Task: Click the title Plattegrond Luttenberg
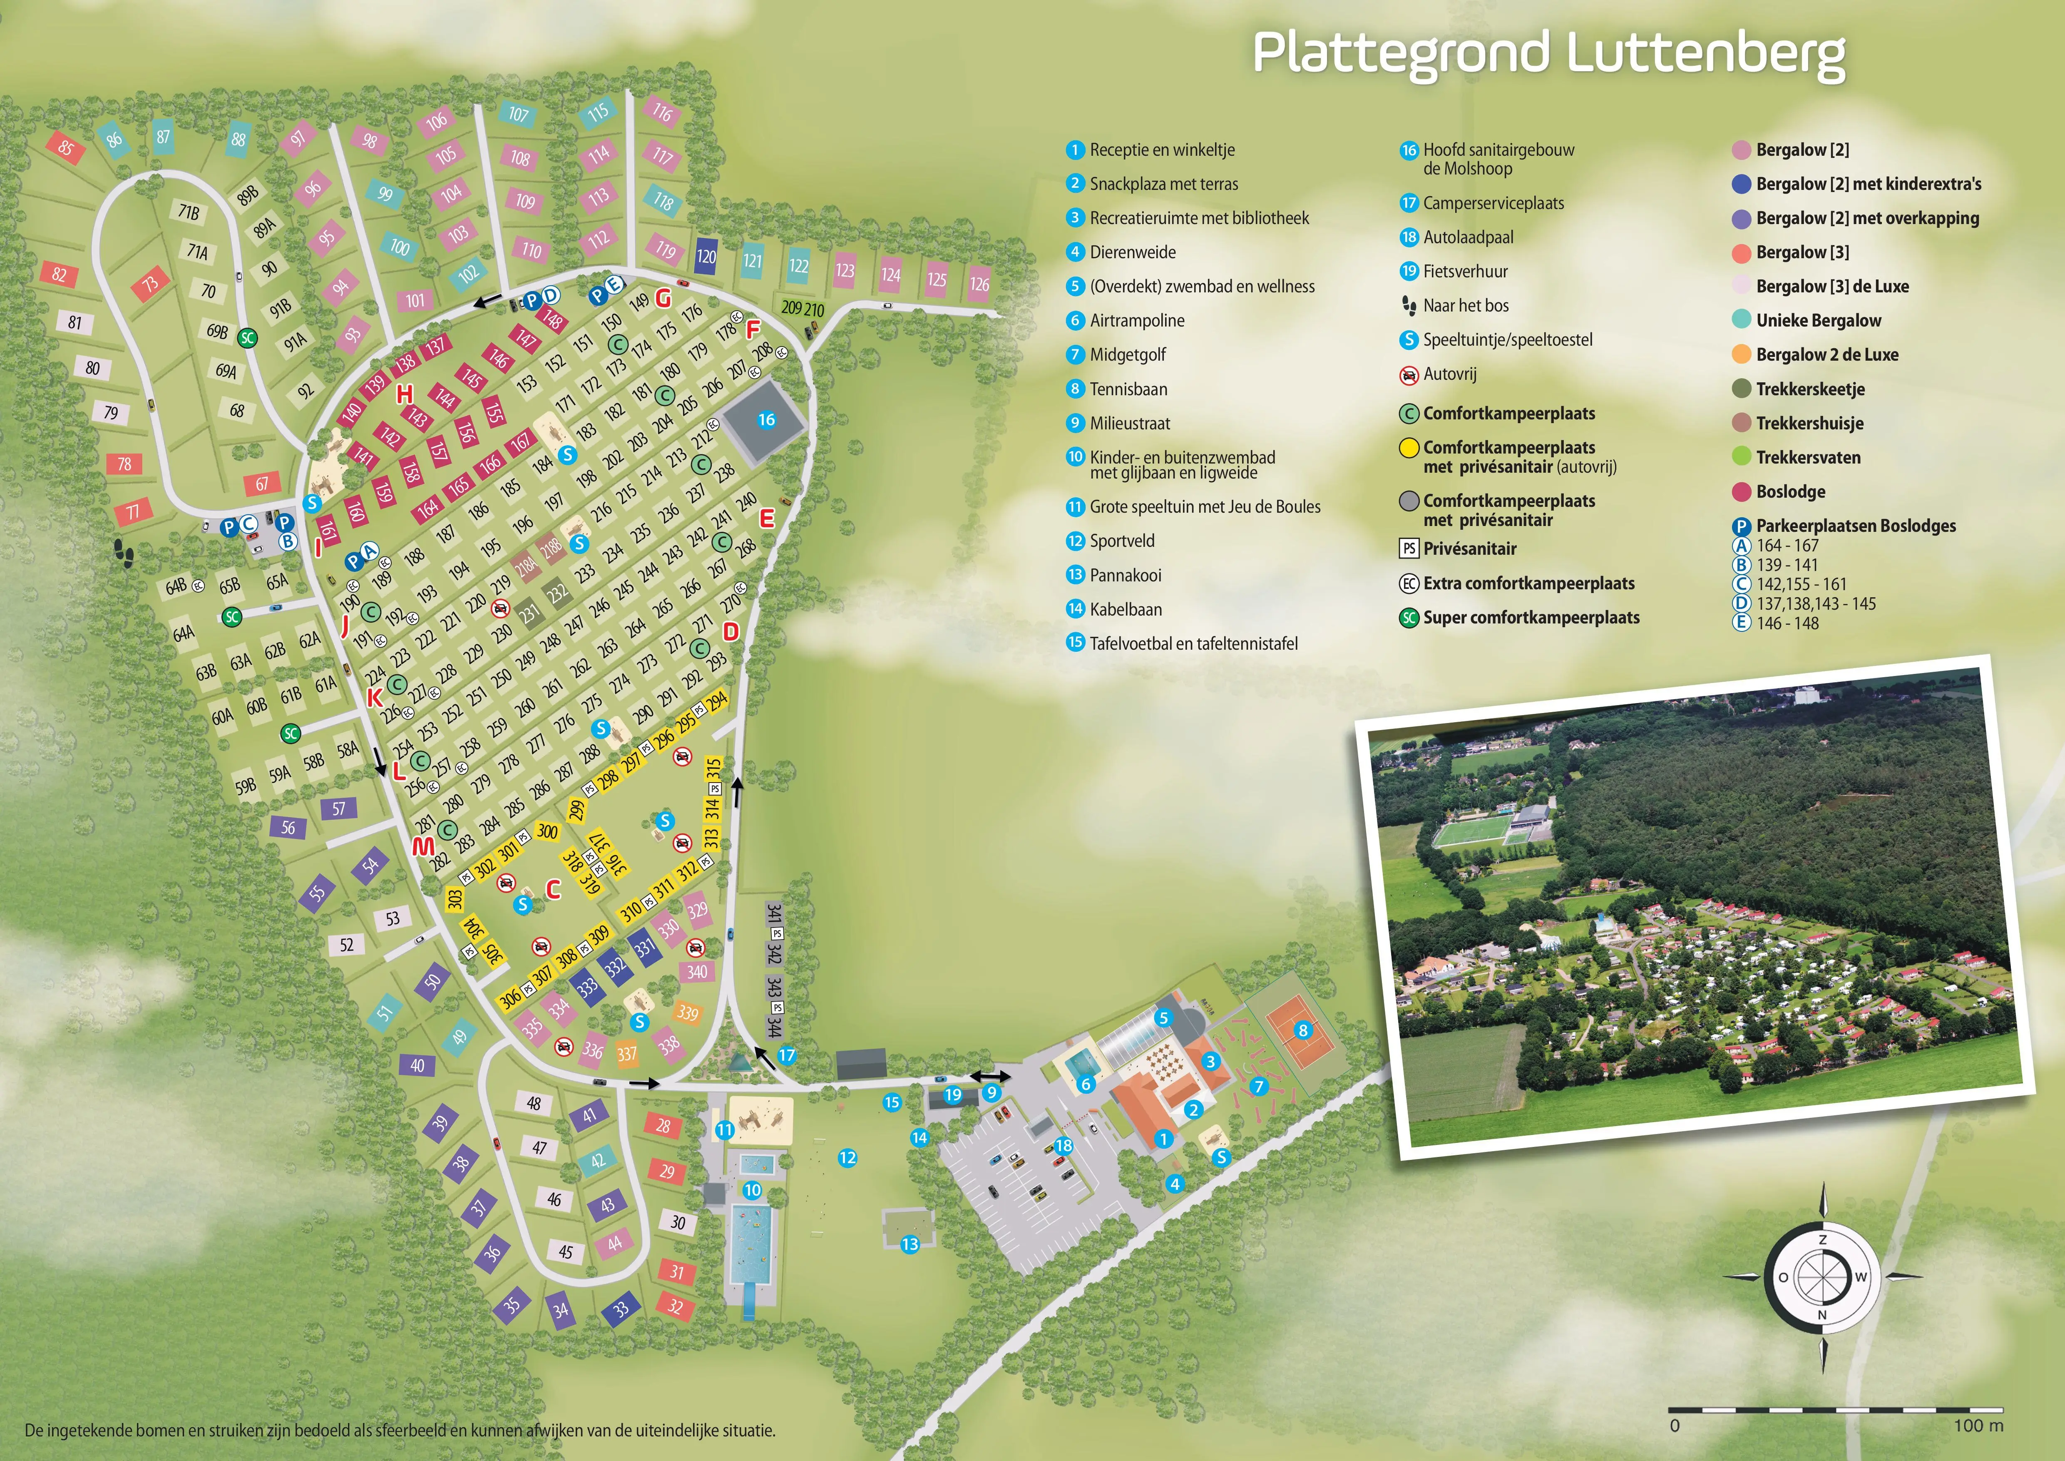click(x=1549, y=54)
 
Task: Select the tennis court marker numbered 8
click(x=1302, y=1030)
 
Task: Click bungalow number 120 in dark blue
click(x=706, y=257)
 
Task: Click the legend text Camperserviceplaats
click(x=1493, y=203)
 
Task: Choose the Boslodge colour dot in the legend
click(x=1741, y=491)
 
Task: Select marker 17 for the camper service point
click(x=787, y=1055)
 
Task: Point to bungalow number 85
click(x=66, y=147)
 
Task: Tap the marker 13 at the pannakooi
click(x=910, y=1244)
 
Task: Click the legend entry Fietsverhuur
click(x=1465, y=272)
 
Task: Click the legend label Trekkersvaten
click(x=1808, y=457)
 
